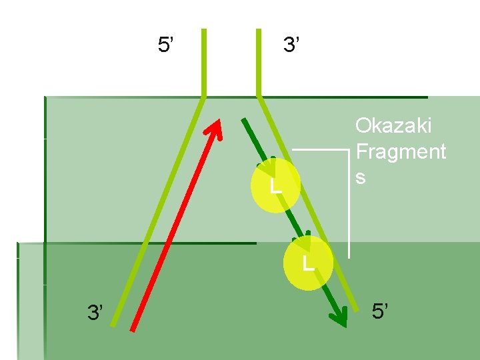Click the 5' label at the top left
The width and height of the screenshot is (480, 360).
[x=165, y=45]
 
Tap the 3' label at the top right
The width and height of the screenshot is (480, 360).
[x=291, y=45]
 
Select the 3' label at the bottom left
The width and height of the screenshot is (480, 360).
[x=95, y=311]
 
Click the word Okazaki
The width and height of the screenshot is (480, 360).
[x=393, y=125]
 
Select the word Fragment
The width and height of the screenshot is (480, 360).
[x=401, y=152]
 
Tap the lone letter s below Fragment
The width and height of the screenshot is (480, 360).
[x=361, y=178]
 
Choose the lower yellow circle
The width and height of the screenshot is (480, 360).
[x=307, y=262]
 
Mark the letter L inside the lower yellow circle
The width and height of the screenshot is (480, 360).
[x=307, y=263]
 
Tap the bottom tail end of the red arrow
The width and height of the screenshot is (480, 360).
[x=133, y=329]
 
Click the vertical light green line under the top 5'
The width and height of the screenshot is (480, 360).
[x=204, y=63]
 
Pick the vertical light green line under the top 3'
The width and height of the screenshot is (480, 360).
[x=258, y=63]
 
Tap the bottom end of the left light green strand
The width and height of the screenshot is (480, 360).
[x=113, y=325]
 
